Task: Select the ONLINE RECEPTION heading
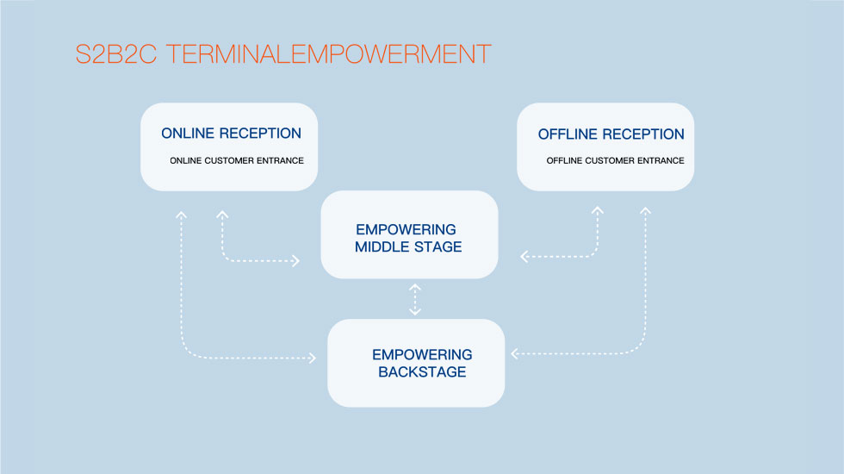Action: pyautogui.click(x=231, y=134)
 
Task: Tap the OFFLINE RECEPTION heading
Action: pyautogui.click(x=611, y=134)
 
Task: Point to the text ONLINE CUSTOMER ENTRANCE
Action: pyautogui.click(x=237, y=161)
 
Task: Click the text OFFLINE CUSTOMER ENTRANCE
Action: pyautogui.click(x=615, y=161)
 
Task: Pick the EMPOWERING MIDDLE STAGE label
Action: pyautogui.click(x=408, y=239)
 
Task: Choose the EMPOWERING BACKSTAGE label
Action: pyautogui.click(x=422, y=364)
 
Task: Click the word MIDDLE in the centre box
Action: pyautogui.click(x=382, y=247)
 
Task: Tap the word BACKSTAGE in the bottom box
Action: pyautogui.click(x=422, y=372)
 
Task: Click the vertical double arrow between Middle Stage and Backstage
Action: pyautogui.click(x=415, y=299)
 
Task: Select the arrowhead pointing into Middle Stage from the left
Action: pyautogui.click(x=296, y=259)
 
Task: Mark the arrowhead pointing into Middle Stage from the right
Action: pyautogui.click(x=524, y=256)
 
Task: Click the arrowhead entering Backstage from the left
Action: pyautogui.click(x=312, y=358)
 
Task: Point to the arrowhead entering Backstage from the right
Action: pyautogui.click(x=514, y=353)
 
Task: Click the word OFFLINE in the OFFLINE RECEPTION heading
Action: pyautogui.click(x=568, y=134)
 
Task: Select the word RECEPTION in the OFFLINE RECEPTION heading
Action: pyautogui.click(x=643, y=134)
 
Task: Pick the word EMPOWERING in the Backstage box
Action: pyautogui.click(x=422, y=355)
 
